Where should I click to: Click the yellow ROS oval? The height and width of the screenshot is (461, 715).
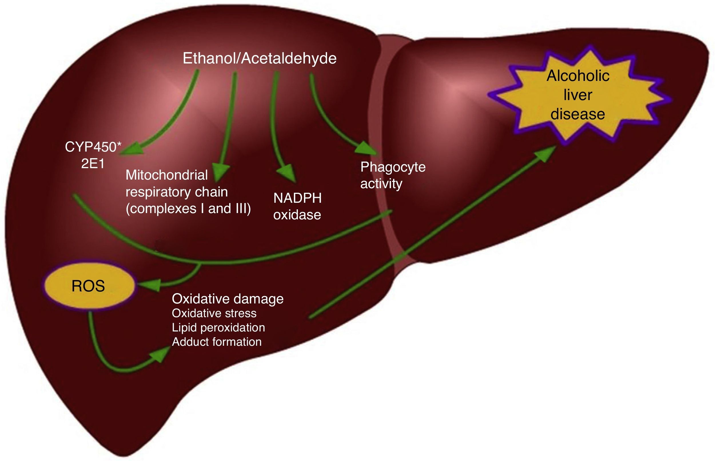tap(88, 286)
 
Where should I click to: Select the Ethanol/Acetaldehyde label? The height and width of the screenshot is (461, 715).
tap(259, 58)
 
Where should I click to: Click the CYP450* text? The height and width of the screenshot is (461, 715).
tap(93, 147)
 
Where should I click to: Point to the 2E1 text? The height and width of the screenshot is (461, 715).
tap(93, 164)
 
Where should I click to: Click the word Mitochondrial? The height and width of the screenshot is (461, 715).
tap(166, 175)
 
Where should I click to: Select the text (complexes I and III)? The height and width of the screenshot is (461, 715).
tap(188, 208)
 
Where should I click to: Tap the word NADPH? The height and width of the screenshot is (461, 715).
tap(297, 198)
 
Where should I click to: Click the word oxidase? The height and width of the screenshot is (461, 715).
tap(297, 215)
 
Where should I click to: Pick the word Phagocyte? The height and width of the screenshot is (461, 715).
tap(393, 167)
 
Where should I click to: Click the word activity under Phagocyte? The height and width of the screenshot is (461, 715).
tap(381, 183)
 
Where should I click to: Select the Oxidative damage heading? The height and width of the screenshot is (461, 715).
tap(228, 299)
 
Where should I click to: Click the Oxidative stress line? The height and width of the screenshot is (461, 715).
tap(214, 313)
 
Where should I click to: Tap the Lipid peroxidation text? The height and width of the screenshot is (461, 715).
tap(218, 327)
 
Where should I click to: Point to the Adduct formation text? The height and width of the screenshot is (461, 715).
tap(217, 341)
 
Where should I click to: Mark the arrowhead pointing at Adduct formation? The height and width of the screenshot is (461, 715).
tap(159, 354)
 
